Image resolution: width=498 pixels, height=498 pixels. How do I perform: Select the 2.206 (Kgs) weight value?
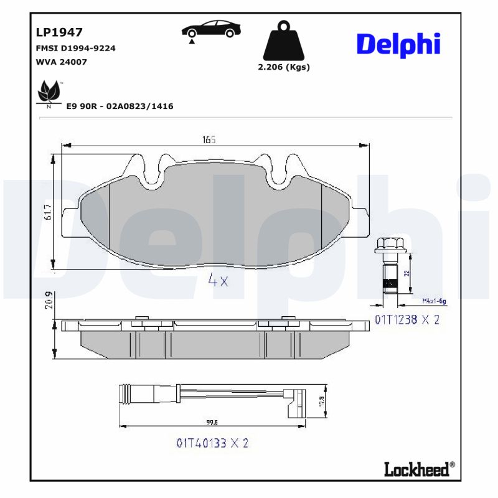[x=283, y=67]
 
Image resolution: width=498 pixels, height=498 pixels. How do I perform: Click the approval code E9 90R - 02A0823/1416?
[x=120, y=106]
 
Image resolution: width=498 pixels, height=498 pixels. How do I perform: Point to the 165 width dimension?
[x=208, y=140]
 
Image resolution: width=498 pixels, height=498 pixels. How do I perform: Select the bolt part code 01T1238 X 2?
[x=407, y=320]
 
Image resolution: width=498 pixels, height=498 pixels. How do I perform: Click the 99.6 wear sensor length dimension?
[x=212, y=423]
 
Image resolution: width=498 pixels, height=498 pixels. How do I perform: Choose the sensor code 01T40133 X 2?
[x=212, y=443]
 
